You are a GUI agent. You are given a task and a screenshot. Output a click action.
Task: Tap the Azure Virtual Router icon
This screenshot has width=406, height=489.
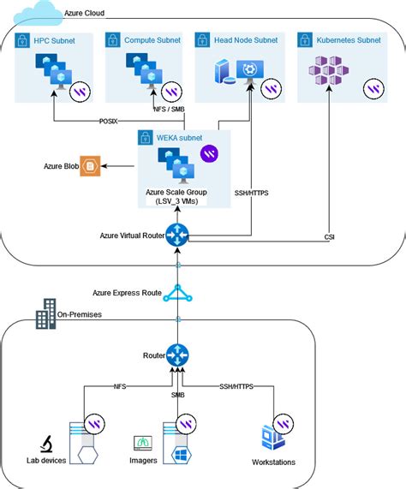coord(177,235)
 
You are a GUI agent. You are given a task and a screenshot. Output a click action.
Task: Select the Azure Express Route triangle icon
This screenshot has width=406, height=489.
coord(177,293)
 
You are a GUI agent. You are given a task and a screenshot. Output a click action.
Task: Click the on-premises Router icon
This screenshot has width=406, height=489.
coord(177,355)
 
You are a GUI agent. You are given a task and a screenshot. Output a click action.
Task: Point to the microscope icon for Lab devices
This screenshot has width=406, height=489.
coord(47,444)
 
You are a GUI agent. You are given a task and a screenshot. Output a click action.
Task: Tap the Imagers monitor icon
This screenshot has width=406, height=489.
coord(143,443)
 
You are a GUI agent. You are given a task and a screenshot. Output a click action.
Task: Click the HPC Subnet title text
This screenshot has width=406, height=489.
coord(53,39)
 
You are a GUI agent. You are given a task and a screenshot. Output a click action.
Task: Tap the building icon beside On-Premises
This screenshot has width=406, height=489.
coord(45,314)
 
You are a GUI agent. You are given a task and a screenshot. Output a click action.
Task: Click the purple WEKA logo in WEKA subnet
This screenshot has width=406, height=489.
coord(208,153)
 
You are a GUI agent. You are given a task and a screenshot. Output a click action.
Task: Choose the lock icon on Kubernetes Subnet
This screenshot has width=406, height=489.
coord(303,39)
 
